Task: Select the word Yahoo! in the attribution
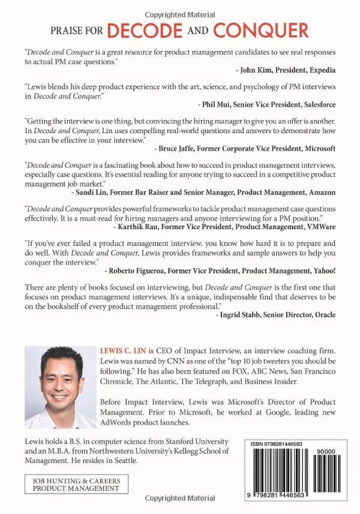tap(320, 270)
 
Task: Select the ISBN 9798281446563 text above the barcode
tap(278, 444)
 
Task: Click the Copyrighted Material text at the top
tap(180, 6)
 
